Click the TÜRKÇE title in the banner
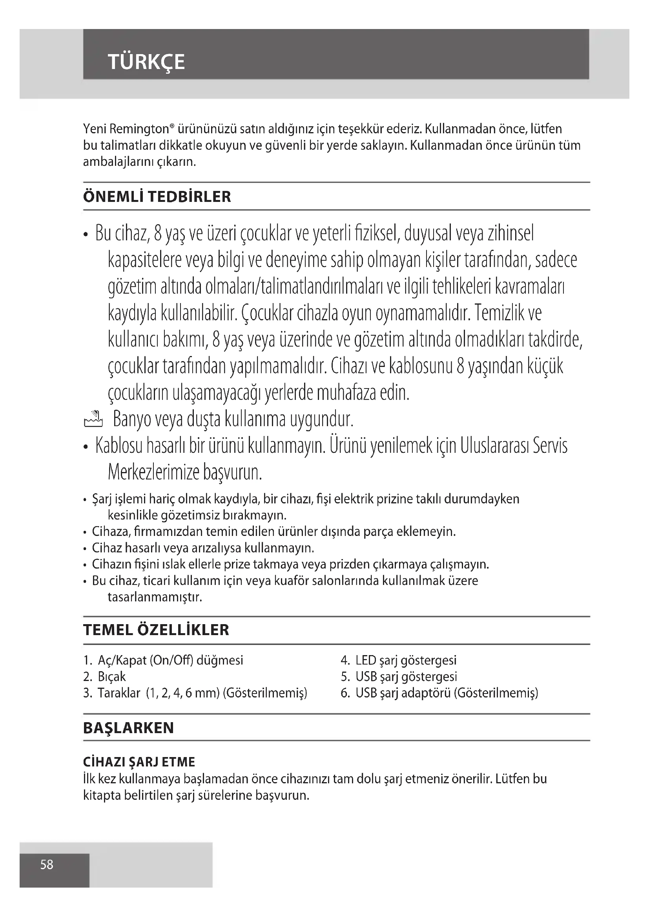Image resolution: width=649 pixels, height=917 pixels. [146, 62]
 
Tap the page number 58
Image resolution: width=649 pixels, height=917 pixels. [47, 864]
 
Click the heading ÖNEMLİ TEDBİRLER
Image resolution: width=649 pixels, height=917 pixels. [157, 197]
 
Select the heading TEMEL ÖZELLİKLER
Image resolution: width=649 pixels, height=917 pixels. [156, 630]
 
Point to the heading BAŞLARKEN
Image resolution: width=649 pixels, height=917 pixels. [129, 728]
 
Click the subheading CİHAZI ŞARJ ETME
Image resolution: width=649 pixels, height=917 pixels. [139, 762]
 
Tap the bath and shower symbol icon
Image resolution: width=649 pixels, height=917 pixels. [93, 419]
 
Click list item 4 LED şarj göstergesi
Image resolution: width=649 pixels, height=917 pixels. [399, 660]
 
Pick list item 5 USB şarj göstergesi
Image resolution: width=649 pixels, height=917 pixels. [399, 677]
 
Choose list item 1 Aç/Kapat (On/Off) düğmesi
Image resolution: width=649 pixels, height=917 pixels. [164, 660]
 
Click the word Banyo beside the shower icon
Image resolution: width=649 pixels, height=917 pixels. [131, 419]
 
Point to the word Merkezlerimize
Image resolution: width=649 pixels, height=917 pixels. [153, 472]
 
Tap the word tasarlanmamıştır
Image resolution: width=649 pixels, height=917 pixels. [155, 597]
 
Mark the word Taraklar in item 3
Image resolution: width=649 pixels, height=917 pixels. [119, 693]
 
